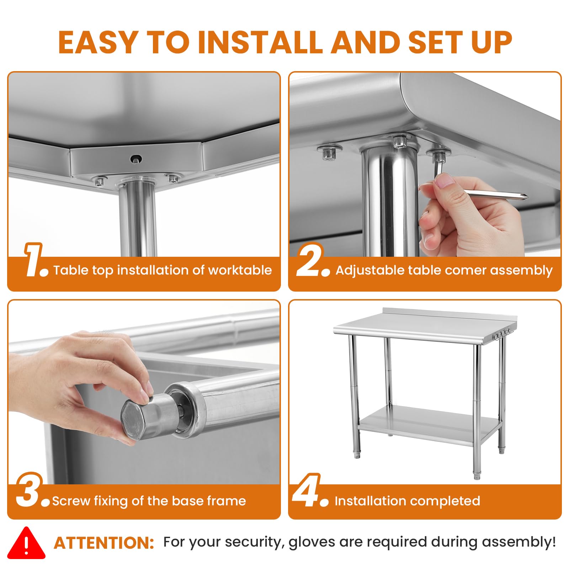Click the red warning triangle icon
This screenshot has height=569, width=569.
[x=26, y=543]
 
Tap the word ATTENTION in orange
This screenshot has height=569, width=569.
[x=104, y=543]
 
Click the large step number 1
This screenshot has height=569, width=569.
[x=36, y=260]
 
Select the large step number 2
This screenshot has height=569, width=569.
[x=313, y=260]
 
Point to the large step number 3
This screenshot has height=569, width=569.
[x=32, y=490]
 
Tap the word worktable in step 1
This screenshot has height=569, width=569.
[x=240, y=270]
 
